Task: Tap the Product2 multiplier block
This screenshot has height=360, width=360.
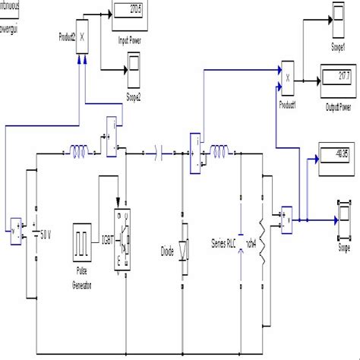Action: pos(83,36)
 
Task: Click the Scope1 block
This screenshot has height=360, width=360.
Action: pos(339,14)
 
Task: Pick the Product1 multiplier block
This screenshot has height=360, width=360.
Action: pos(286,75)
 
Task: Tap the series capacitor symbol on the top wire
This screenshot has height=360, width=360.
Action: pos(159,154)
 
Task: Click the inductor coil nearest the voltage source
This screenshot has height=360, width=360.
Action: pos(78,154)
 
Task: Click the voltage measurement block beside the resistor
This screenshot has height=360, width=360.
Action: pos(286,220)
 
